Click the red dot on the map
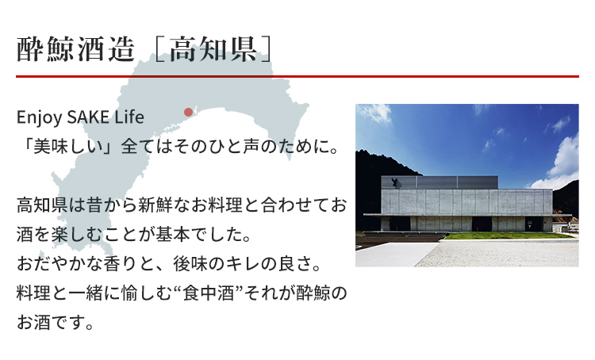tap(188, 112)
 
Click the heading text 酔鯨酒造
tap(76, 50)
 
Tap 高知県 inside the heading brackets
tap(213, 50)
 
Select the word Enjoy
tap(39, 117)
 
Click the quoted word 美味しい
tap(69, 147)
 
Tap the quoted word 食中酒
tap(208, 293)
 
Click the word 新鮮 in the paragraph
tap(156, 205)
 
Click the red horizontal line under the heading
tap(297, 76)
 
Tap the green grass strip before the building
tap(509, 236)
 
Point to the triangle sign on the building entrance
tap(529, 224)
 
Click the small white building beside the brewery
tap(566, 227)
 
